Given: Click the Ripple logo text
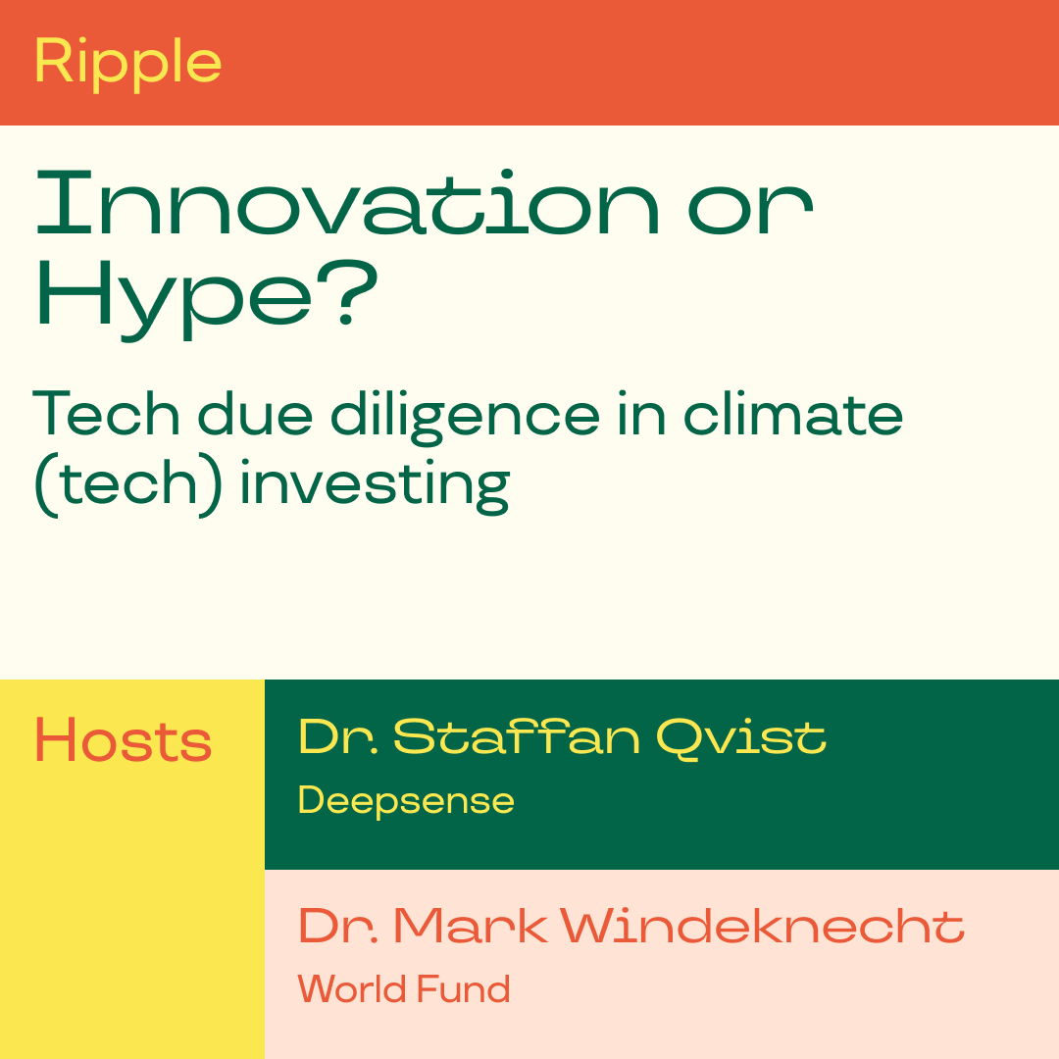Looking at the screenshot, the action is click(x=127, y=62).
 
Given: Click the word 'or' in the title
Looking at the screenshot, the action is click(x=750, y=210).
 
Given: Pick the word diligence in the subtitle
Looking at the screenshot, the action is click(x=465, y=417).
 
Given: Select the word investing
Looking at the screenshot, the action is click(x=375, y=486).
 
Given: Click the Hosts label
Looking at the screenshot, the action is click(x=123, y=740).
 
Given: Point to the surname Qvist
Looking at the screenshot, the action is click(x=741, y=737).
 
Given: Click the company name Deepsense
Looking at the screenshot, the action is click(x=406, y=802).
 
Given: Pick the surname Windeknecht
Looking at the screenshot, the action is click(x=763, y=925).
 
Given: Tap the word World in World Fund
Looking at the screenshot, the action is click(x=352, y=988).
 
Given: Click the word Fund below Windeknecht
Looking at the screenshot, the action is click(x=463, y=988).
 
